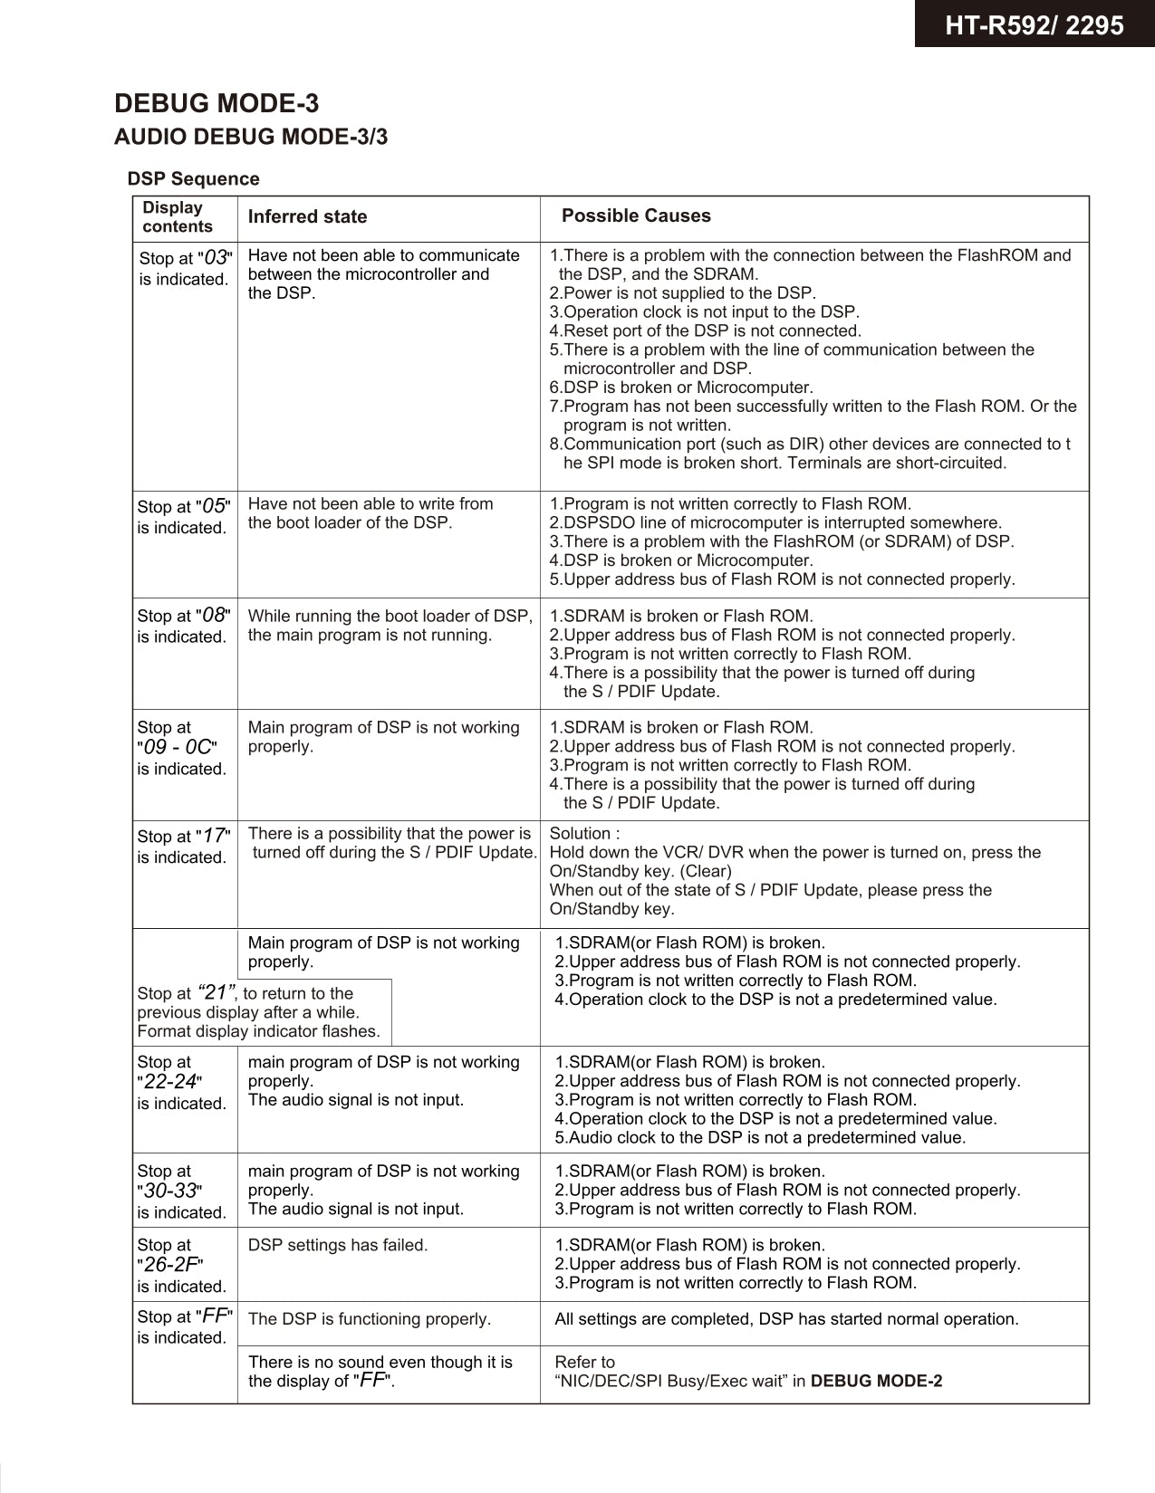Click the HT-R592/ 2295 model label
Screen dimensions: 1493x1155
(x=1034, y=24)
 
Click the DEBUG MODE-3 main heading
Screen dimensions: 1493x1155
(x=217, y=103)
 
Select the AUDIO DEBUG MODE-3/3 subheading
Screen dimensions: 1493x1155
(x=251, y=137)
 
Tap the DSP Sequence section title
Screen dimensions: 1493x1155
(x=193, y=178)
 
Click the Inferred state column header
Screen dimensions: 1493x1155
(x=307, y=216)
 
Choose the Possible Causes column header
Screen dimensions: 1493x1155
(x=636, y=215)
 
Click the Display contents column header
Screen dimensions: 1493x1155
(x=177, y=217)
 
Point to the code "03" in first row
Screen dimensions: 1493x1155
(x=215, y=257)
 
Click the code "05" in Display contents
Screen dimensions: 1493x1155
(x=214, y=506)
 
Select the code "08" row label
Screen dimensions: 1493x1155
(x=214, y=615)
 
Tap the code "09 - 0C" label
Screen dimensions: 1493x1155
(x=177, y=748)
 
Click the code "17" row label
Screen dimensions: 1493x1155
(x=214, y=836)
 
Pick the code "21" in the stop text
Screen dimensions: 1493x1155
(x=217, y=991)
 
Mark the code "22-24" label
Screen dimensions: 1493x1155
(x=170, y=1082)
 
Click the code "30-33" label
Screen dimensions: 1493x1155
(x=170, y=1191)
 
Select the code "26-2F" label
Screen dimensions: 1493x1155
(x=170, y=1265)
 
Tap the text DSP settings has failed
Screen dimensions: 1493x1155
(x=337, y=1245)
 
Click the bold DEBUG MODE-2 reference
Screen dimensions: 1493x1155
(x=876, y=1381)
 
